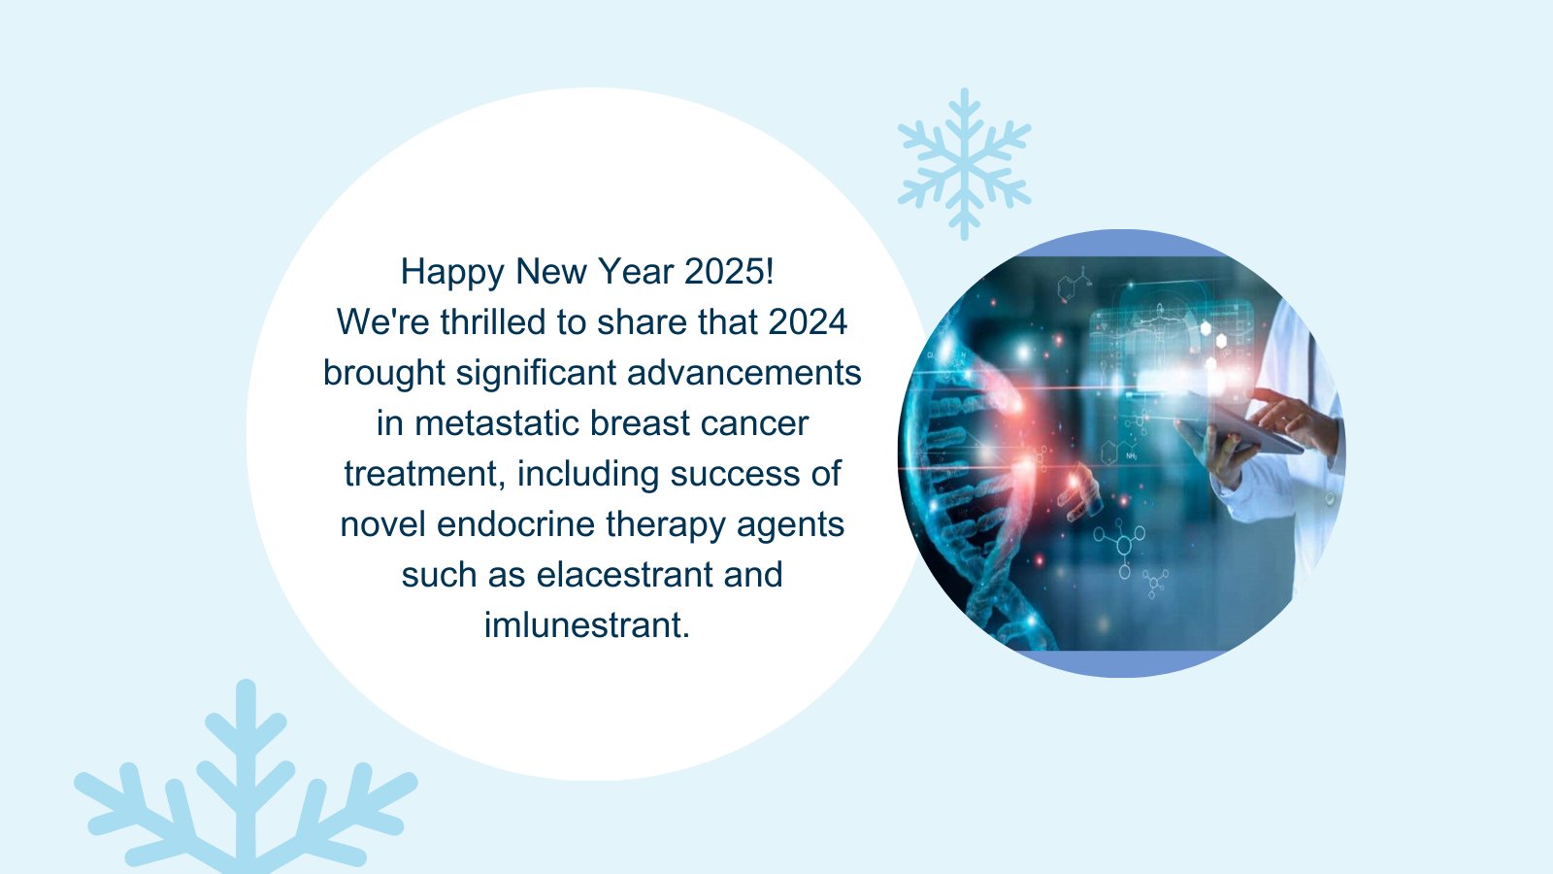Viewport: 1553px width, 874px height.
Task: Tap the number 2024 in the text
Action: point(808,321)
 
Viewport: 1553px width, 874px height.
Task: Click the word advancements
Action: point(743,373)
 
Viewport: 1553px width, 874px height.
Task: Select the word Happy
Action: point(452,272)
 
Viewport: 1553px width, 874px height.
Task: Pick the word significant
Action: point(536,374)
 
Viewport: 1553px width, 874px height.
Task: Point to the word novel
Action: point(382,524)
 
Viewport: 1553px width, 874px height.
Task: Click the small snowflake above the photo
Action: point(965,164)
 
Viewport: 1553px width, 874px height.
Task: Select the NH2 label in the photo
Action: point(1132,456)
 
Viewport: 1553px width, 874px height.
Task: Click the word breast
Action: point(640,423)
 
